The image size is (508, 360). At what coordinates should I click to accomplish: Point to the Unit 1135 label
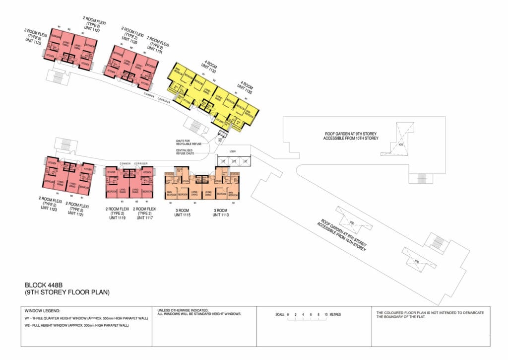247,87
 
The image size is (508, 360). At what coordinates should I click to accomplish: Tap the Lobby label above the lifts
233,151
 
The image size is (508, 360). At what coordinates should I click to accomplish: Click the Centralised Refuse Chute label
187,152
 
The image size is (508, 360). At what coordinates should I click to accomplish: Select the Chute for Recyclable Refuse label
187,143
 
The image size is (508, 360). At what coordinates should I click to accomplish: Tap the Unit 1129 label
131,36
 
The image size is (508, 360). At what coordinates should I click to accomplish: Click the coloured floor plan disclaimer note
430,314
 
